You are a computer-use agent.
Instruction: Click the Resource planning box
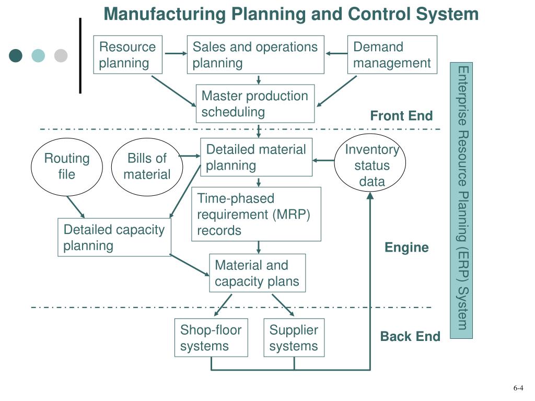(x=128, y=55)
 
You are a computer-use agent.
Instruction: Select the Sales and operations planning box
(x=255, y=55)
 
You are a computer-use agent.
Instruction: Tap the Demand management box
(x=392, y=55)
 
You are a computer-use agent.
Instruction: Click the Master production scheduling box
(x=255, y=103)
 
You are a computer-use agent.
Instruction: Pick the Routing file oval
(x=66, y=166)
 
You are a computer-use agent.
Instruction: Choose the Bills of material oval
(x=147, y=166)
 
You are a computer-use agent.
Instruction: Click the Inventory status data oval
(x=371, y=166)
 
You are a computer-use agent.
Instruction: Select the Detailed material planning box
(x=256, y=157)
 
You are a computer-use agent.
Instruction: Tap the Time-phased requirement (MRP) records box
(x=256, y=214)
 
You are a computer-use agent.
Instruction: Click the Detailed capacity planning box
(x=114, y=238)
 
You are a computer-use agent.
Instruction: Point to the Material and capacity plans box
(x=257, y=273)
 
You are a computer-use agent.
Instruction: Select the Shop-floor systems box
(x=211, y=338)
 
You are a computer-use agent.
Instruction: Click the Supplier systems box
(x=294, y=338)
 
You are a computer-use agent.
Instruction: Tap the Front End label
(x=401, y=116)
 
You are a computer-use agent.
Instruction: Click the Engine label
(x=406, y=247)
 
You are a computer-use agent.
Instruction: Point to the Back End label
(x=410, y=337)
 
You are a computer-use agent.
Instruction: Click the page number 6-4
(x=518, y=388)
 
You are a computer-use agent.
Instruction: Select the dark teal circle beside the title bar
(x=16, y=56)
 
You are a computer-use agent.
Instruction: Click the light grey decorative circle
(x=61, y=56)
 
